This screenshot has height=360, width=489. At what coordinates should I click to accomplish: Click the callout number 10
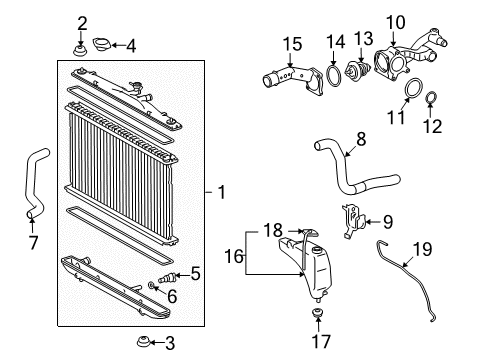click(396, 23)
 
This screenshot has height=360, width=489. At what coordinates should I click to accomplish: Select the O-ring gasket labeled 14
click(334, 76)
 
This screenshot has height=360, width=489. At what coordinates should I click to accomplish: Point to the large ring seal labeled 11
click(414, 89)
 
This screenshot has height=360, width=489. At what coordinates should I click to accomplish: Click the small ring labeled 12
click(432, 98)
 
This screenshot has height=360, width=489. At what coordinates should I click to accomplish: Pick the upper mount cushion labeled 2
click(80, 51)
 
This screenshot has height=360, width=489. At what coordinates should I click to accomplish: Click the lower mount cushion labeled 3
click(143, 342)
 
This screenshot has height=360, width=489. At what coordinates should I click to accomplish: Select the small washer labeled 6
click(151, 285)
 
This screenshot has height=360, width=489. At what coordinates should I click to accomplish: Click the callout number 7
click(33, 243)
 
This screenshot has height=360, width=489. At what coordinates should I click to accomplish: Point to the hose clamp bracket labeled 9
click(353, 221)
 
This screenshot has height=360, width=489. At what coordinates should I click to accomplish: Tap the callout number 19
click(422, 249)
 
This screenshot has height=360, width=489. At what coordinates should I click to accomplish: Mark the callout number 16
click(234, 257)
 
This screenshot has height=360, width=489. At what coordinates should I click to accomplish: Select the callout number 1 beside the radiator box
click(222, 192)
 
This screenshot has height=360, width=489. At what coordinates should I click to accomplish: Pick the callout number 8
click(361, 139)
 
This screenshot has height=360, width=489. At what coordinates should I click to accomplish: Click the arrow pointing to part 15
click(290, 60)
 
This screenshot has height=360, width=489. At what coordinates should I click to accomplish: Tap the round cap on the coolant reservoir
click(318, 250)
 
